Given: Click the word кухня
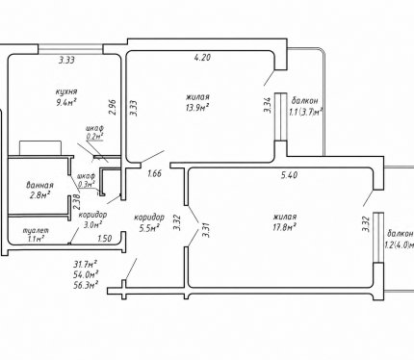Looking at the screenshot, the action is click(66, 91).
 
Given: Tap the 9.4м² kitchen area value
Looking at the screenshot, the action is click(66, 102).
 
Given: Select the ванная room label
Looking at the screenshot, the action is click(39, 186).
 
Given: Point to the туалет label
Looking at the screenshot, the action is click(36, 230).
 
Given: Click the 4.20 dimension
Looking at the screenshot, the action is click(202, 58).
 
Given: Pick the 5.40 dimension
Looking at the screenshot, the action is click(289, 175).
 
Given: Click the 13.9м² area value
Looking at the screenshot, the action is click(196, 108).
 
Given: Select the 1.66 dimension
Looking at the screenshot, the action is click(154, 174).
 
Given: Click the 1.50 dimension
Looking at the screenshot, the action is click(105, 239).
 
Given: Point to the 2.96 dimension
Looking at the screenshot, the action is click(112, 107).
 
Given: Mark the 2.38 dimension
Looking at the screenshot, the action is click(76, 202).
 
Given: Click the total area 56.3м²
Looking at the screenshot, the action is click(86, 285).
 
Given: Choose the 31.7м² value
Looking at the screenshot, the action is click(86, 264).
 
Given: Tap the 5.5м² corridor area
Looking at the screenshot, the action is click(151, 228).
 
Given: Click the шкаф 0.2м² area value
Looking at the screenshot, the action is click(94, 137).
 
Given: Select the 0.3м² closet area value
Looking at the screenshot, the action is click(87, 184).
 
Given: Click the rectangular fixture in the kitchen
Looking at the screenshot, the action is click(40, 148).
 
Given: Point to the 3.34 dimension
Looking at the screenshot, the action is click(268, 105).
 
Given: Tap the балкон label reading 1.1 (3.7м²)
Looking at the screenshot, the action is click(305, 106).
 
